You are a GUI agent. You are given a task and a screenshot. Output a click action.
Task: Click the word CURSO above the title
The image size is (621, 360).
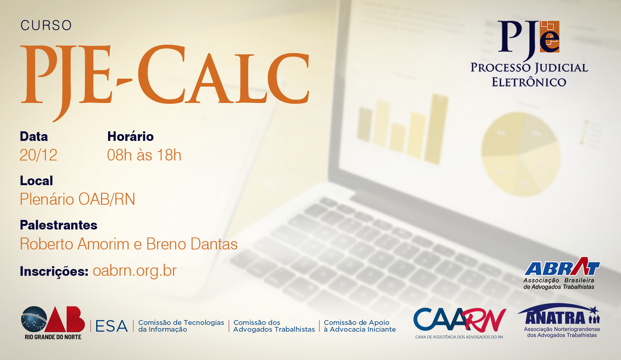(x=46, y=25)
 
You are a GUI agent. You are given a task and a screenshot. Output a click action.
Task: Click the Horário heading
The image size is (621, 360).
(x=130, y=136)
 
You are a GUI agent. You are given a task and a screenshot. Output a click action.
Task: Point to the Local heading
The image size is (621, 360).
(x=36, y=181)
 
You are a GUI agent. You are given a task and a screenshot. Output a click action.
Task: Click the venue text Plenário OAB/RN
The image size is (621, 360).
(x=77, y=199)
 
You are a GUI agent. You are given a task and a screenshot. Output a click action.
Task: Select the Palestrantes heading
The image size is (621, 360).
(x=59, y=225)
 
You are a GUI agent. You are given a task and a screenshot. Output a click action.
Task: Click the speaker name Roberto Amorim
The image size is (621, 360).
(x=75, y=244)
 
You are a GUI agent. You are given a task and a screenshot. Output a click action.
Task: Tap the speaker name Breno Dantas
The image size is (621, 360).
(x=192, y=244)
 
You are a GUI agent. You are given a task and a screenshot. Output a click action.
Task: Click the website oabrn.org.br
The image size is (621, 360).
(x=134, y=271)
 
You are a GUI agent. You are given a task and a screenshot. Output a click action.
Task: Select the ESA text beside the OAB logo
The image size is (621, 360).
(x=111, y=326)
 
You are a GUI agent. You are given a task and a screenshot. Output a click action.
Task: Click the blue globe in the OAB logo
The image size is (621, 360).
(x=34, y=319)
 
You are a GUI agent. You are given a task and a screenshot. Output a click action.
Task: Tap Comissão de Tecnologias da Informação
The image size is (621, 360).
(x=181, y=326)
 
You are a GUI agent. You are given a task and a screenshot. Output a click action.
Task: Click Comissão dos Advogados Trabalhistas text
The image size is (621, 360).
(x=274, y=326)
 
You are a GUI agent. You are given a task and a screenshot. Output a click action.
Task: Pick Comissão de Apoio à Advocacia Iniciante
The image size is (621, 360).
(x=360, y=326)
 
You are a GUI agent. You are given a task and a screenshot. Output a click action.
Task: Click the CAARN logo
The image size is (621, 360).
(x=459, y=323)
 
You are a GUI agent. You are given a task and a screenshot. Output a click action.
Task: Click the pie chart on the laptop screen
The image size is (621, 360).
(x=521, y=154)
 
